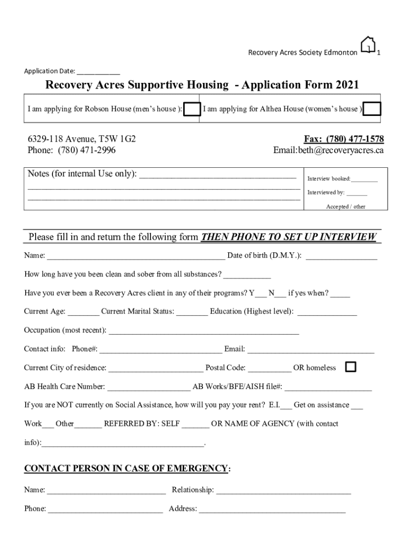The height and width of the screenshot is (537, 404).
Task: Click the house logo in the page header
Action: click(x=368, y=45)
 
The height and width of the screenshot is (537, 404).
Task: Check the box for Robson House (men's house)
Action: click(x=192, y=109)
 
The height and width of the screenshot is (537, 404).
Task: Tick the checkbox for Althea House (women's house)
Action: click(x=372, y=109)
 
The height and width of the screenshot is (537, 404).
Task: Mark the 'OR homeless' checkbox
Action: click(x=350, y=367)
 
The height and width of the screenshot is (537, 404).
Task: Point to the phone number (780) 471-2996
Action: click(x=87, y=151)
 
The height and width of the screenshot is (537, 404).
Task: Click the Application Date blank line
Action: click(x=98, y=72)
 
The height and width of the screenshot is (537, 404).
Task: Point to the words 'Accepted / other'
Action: click(x=346, y=207)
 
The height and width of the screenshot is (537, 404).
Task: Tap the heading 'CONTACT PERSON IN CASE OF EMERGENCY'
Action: click(x=126, y=468)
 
